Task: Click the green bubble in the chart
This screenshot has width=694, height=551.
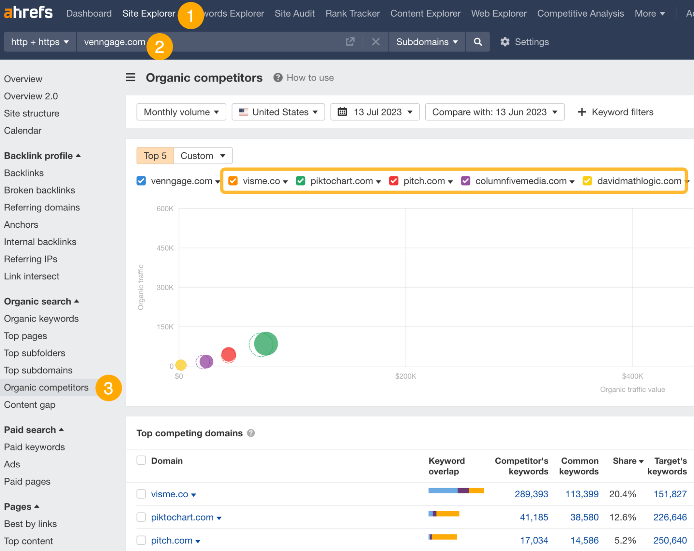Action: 266,344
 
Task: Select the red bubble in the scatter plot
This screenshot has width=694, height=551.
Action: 228,354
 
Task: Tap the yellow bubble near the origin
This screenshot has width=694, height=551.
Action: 181,365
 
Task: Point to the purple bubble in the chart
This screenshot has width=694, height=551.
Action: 206,361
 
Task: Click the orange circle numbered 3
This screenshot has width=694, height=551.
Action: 108,388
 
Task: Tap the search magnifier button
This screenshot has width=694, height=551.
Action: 478,42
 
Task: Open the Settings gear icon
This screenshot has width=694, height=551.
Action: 505,42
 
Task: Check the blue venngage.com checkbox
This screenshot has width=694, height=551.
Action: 141,181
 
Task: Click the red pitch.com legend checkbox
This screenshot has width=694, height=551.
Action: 393,181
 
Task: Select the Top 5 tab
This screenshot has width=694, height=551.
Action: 155,156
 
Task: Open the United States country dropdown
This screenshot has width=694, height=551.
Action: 278,112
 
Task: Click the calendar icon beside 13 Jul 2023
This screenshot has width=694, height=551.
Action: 342,112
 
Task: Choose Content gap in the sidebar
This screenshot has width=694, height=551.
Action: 30,405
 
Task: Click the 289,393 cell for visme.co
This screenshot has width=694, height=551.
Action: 531,494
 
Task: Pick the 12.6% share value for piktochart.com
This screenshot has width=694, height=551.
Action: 622,517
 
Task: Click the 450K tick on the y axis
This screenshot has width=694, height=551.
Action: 165,248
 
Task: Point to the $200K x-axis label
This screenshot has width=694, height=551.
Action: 405,376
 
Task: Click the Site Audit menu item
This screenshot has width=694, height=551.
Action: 294,14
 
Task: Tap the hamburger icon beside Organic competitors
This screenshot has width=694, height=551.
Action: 131,77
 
